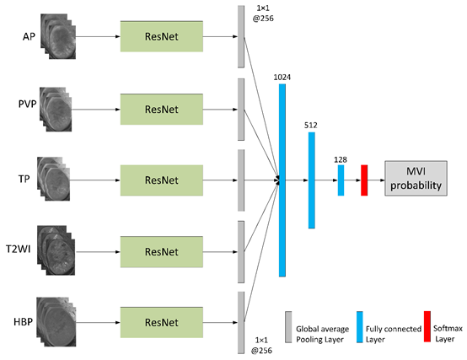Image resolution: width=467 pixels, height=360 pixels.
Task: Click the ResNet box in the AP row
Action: [x=162, y=36]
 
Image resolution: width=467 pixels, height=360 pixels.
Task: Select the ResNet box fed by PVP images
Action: [x=162, y=110]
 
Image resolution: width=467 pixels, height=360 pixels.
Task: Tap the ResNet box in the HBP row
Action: [x=162, y=322]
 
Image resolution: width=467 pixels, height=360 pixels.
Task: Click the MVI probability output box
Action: [x=416, y=179]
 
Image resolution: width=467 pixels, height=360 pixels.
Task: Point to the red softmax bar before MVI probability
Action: [x=364, y=180]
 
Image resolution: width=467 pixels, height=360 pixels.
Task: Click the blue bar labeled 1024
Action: [x=282, y=180]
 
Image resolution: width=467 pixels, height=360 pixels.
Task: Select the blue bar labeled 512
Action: [x=312, y=180]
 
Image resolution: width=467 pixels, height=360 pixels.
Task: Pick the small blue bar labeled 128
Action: [x=341, y=180]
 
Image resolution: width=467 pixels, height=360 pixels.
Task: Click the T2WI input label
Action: [x=19, y=249]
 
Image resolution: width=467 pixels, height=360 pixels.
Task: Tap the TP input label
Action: [x=24, y=179]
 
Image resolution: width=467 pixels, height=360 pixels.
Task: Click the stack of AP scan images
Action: [x=58, y=36]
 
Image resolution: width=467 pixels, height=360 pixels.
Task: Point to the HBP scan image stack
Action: [x=56, y=321]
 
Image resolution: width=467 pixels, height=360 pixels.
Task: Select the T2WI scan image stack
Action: [x=56, y=250]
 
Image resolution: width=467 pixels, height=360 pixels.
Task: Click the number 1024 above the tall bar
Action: [x=282, y=78]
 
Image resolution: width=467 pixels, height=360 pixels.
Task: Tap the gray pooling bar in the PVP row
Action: [x=241, y=110]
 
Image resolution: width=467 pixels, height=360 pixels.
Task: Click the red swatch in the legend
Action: [x=427, y=326]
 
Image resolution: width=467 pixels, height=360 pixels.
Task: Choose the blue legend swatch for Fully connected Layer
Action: [x=360, y=327]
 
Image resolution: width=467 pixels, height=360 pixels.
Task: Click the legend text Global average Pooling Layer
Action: [x=323, y=334]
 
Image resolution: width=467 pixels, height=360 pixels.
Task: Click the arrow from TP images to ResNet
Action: [x=95, y=180]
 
